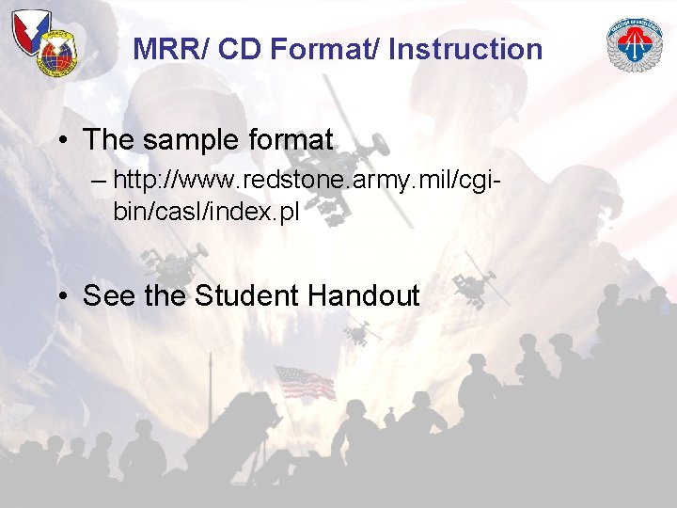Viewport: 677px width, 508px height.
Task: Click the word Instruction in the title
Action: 465,49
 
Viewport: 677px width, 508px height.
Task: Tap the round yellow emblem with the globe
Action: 57,55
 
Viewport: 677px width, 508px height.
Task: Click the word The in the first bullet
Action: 106,140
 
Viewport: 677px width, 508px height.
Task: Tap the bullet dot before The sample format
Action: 61,141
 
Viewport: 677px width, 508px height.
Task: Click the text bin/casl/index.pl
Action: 206,212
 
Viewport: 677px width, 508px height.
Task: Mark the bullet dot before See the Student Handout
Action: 61,296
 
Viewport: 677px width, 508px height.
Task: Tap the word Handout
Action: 363,296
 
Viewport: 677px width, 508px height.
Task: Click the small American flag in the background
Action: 303,381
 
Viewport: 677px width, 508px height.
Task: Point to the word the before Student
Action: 165,296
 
